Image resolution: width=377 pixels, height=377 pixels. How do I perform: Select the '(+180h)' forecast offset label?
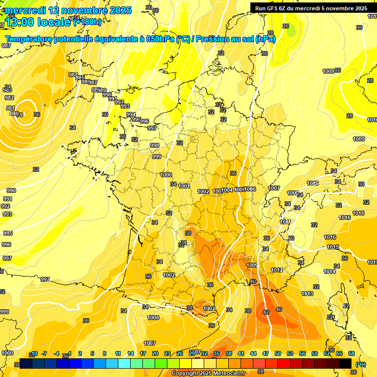coord(88,22)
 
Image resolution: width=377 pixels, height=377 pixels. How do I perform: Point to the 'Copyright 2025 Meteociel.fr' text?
coord(209,373)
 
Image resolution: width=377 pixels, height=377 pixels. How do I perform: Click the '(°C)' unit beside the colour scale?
coord(361,364)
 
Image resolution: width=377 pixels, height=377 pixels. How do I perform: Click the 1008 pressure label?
coord(153,318)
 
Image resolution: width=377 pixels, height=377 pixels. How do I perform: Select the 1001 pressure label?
coord(185,186)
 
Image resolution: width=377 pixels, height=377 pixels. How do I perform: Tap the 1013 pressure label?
coord(307,294)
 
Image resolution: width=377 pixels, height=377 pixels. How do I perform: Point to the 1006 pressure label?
coord(250,189)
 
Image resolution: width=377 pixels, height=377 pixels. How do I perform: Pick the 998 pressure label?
coord(155,145)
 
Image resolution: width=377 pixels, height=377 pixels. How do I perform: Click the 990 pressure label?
coord(11,190)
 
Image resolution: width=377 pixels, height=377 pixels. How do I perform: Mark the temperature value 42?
coord(266,312)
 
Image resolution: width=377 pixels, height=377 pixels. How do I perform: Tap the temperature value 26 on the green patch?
coord(286,26)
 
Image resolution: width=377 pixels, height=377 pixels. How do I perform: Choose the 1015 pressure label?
coord(333,247)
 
